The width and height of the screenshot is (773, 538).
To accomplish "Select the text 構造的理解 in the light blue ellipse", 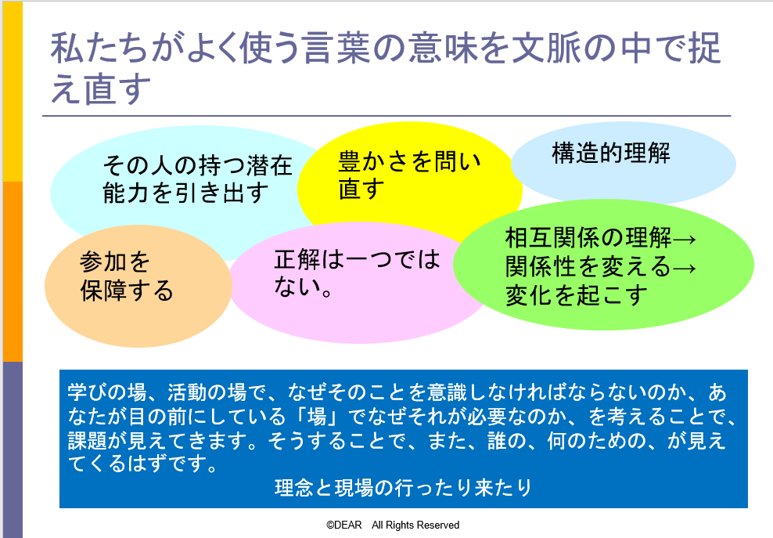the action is coord(611,153).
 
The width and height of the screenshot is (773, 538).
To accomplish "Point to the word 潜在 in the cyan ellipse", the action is coord(269,165).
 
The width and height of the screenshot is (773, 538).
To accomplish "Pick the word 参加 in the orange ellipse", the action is coord(102,261).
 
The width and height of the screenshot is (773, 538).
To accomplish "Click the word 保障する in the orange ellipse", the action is coord(127,291).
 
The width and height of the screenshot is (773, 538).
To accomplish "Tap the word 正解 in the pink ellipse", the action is coord(297,259).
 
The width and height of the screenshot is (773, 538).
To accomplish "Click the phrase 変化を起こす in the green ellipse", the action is coord(576,295).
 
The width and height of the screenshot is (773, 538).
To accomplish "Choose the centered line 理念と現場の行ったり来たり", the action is coord(403,488).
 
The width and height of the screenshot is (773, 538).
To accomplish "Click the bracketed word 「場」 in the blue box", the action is coord(317,417).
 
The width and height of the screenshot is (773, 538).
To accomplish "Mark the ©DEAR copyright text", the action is coord(344,525).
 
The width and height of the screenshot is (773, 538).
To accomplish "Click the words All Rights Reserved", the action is coord(415,525).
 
